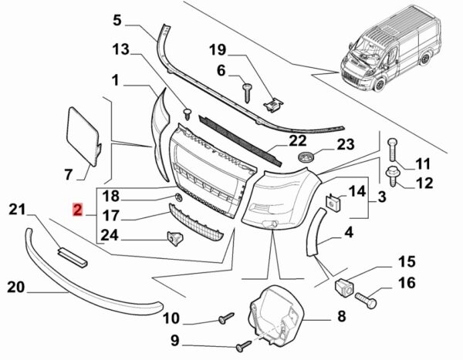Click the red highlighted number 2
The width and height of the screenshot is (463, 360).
(77, 209)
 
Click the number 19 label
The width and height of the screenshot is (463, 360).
(218, 52)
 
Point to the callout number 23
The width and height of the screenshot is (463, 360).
(344, 143)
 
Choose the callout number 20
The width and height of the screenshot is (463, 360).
(16, 288)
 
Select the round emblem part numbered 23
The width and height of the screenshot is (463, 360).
(306, 158)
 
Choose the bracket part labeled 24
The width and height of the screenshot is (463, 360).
(176, 241)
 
